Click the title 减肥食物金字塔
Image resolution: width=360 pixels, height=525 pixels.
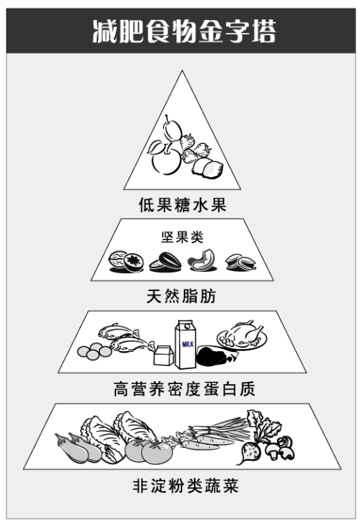click(x=184, y=31)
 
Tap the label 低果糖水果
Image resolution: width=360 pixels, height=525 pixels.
click(x=183, y=205)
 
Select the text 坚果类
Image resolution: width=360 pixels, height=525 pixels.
click(x=183, y=237)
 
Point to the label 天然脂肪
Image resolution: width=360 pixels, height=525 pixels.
click(x=181, y=296)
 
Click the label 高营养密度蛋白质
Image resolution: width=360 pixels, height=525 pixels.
click(x=184, y=389)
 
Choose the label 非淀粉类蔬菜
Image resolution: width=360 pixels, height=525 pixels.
click(x=185, y=486)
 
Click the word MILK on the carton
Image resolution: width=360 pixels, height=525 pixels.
click(x=188, y=344)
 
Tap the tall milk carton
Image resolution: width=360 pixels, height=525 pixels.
click(x=185, y=344)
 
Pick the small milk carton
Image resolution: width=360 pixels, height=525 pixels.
click(x=163, y=355)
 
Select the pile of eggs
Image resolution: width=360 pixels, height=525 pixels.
click(x=94, y=351)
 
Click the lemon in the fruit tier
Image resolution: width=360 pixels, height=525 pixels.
click(x=208, y=168)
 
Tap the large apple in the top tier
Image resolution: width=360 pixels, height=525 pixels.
click(x=167, y=160)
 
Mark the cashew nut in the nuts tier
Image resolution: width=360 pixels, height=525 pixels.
click(x=203, y=260)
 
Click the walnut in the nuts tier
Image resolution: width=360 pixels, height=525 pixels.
click(x=117, y=260)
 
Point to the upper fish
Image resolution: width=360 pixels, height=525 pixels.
click(x=118, y=331)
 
